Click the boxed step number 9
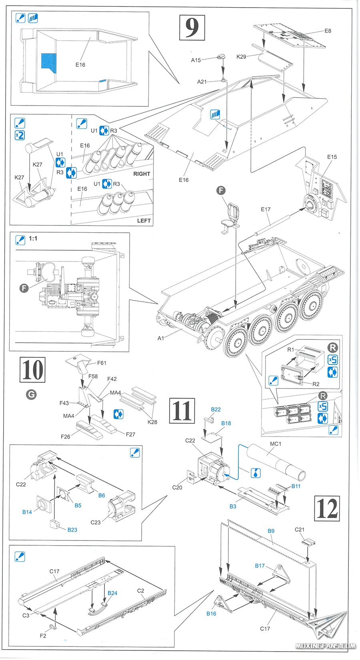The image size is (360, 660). tap(192, 28)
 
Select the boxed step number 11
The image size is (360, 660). tap(182, 410)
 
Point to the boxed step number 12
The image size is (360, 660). tap(327, 508)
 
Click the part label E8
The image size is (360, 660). tap(328, 31)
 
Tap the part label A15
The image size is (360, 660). tap(196, 60)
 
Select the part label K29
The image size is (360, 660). tap(241, 57)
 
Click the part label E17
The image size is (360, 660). tap(266, 209)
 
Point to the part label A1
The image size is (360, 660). tap(161, 338)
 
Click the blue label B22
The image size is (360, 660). tap(216, 409)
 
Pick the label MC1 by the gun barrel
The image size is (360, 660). tap(276, 444)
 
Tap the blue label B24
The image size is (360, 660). tap(112, 593)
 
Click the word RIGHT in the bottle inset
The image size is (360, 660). tap(142, 174)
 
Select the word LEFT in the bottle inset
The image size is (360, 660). tap(144, 221)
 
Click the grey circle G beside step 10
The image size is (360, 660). tap(31, 395)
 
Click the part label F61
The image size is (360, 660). tap(102, 363)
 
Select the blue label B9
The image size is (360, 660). tap(271, 531)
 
